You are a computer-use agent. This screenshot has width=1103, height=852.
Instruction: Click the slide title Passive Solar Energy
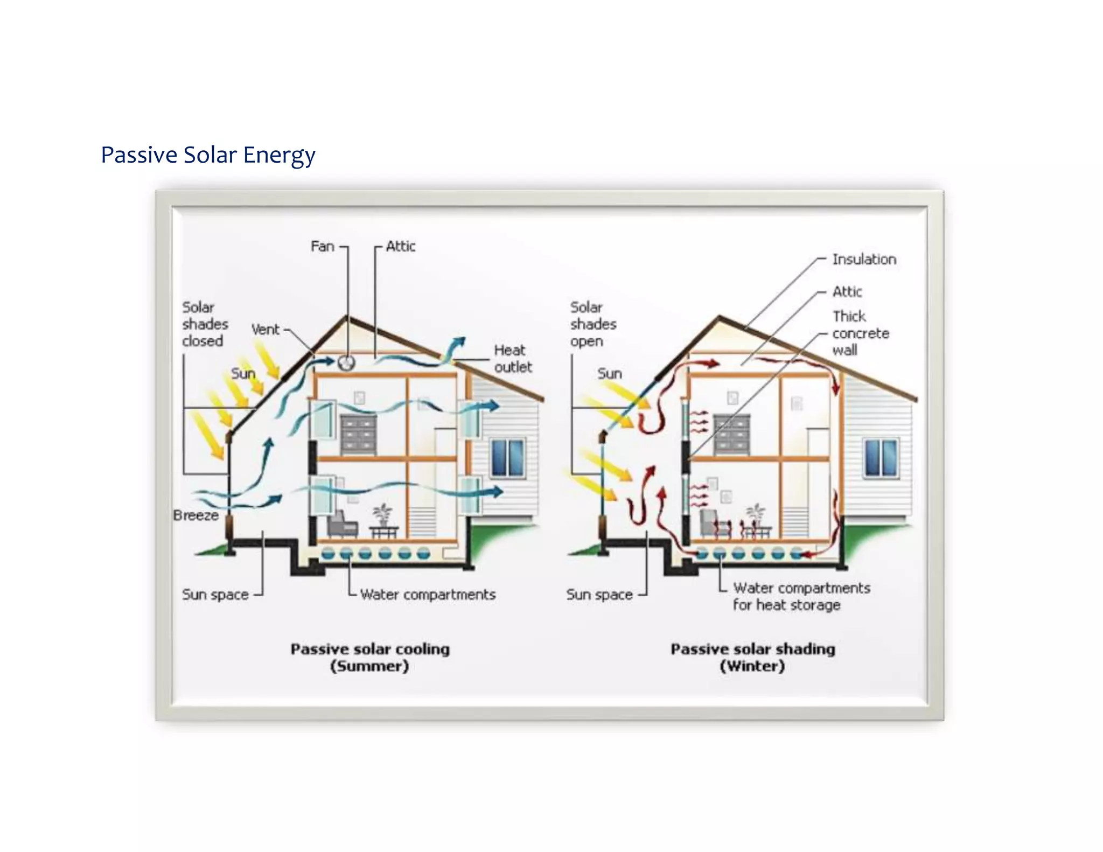(x=208, y=155)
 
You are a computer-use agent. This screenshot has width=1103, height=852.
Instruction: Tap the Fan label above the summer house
(x=322, y=247)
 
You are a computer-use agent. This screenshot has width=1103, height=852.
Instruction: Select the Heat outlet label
(x=512, y=359)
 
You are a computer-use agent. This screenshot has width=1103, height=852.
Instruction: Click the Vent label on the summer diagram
(x=266, y=330)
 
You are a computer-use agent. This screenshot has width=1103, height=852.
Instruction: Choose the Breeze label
(x=196, y=515)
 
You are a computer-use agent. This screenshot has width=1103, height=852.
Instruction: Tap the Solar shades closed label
(x=205, y=324)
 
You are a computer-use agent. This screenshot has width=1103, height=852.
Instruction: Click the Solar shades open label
(x=593, y=324)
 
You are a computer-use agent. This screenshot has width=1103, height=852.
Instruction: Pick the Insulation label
(x=864, y=260)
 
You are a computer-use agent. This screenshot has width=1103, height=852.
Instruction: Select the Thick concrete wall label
(x=860, y=333)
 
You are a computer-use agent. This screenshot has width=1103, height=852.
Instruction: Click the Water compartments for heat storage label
(x=801, y=596)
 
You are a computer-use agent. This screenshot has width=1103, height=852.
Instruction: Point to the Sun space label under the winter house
(x=599, y=595)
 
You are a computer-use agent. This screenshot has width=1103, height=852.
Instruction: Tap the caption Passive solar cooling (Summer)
(x=370, y=657)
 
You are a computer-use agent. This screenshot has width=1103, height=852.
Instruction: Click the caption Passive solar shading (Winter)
(x=752, y=657)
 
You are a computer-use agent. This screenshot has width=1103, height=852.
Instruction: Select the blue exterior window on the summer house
(x=507, y=458)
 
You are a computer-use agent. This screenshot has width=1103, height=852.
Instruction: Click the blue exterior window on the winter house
(x=881, y=458)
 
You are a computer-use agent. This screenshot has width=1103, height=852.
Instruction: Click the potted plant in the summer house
(x=382, y=514)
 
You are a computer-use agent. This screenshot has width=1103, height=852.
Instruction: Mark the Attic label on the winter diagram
(x=847, y=292)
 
